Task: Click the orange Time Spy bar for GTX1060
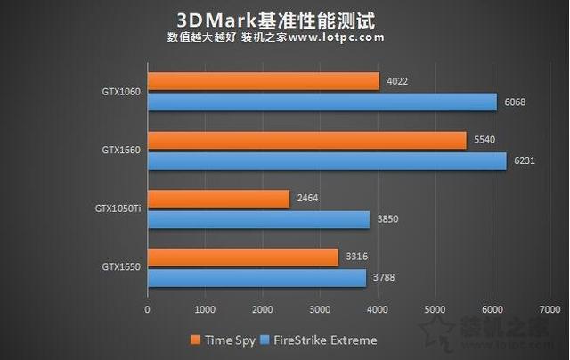tap(264, 81)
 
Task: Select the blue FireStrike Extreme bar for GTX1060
tap(322, 102)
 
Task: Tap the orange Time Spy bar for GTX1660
tap(306, 140)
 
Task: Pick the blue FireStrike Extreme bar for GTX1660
tap(327, 160)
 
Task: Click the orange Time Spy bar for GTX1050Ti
tap(218, 199)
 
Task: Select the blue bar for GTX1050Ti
tap(258, 219)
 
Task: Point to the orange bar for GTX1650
tap(243, 258)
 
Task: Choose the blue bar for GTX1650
tap(256, 278)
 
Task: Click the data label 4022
tap(397, 81)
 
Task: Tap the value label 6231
tap(523, 160)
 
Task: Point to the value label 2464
tap(307, 199)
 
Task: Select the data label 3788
tap(384, 278)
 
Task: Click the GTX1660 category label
tap(120, 151)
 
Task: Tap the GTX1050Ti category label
tap(118, 209)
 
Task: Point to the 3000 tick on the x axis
tap(320, 309)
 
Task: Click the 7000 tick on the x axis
tap(550, 309)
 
